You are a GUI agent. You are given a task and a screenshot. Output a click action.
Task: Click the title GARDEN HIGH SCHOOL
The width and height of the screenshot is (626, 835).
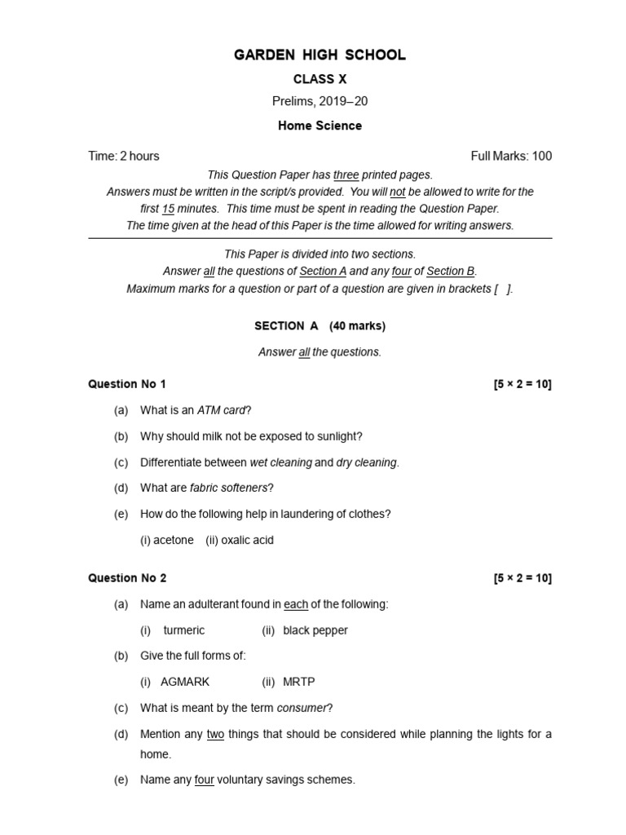320,55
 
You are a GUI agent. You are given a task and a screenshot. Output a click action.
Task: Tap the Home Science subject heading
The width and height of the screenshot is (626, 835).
320,126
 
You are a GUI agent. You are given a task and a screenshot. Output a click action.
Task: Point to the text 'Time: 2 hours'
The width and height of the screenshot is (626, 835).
124,156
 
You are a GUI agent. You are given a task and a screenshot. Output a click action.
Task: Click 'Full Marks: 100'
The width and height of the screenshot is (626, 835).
511,156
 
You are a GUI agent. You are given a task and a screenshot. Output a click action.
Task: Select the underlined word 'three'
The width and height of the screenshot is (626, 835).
346,175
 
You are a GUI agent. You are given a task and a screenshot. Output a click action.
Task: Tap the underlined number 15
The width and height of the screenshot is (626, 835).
168,209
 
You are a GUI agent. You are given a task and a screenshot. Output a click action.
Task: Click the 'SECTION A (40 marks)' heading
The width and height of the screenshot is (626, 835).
320,326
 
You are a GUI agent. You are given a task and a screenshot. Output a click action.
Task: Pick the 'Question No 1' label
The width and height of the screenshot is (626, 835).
127,384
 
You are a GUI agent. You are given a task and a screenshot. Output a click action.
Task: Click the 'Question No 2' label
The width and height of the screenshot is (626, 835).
127,578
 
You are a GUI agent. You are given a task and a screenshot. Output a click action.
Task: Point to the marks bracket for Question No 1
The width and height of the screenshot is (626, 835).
522,384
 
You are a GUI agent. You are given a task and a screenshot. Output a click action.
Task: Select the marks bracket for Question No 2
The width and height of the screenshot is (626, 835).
522,578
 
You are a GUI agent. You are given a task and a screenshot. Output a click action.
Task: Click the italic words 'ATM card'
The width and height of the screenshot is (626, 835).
222,410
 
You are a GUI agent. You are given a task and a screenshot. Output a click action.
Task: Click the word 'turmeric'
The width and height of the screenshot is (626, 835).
184,630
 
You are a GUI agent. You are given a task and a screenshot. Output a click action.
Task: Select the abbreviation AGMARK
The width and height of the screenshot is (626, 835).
185,682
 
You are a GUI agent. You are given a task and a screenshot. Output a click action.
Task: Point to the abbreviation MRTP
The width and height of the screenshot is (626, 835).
298,682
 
